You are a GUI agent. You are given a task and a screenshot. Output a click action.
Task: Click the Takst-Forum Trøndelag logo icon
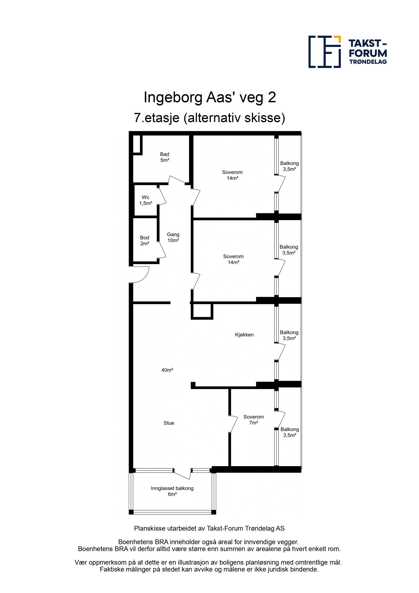[324, 52]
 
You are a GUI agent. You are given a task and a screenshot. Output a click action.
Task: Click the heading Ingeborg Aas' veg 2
[210, 97]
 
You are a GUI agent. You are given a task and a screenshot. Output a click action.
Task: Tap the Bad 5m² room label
[164, 157]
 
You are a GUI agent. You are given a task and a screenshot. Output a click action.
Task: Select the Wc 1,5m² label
[145, 200]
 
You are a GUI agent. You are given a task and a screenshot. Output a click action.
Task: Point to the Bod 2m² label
[145, 240]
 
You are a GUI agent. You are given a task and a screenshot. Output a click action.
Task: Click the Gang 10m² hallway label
[173, 237]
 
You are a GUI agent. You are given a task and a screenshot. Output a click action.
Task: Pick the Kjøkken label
[244, 335]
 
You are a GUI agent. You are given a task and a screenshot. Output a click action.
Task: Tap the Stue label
[169, 423]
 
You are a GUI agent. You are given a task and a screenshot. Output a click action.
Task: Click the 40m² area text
[167, 370]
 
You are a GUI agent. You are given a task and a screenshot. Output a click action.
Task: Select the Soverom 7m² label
[253, 420]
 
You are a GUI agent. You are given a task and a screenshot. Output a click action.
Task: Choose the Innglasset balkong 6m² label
[172, 491]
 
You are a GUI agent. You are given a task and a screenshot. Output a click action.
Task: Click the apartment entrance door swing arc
[141, 275]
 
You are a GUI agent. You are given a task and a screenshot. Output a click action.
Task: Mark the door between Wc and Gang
[162, 195]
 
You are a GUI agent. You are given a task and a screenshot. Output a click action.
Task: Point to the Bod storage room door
[162, 249]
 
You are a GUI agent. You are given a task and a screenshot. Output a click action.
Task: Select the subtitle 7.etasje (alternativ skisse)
[210, 118]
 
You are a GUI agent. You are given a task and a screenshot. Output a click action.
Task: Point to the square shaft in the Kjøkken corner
[202, 311]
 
